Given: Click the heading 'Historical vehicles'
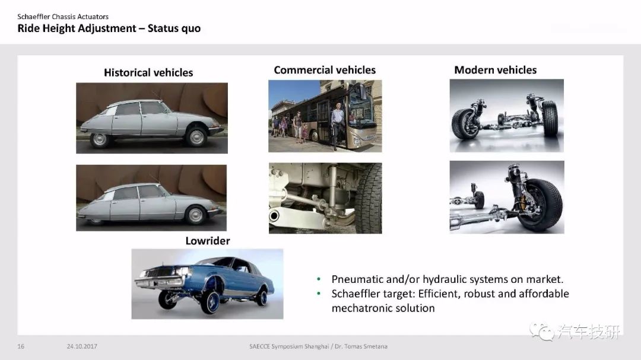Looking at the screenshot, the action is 148,72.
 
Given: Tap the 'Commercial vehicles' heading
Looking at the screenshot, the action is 325,70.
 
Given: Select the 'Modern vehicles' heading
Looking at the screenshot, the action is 496,70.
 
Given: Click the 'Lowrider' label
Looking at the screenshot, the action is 208,241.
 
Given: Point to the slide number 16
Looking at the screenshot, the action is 21,346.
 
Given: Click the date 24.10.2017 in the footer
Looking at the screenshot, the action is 82,346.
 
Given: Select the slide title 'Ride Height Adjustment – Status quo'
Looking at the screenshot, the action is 109,28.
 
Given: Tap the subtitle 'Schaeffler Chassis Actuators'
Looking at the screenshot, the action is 63,17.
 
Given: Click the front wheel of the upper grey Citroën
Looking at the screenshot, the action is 196,137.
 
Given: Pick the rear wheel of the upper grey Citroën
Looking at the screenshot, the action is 99,140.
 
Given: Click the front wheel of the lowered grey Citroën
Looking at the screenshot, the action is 195,215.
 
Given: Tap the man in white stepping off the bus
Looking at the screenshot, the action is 337,125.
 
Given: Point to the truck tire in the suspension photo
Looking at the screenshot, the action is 369,198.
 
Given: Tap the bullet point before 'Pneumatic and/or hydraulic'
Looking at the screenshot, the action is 319,279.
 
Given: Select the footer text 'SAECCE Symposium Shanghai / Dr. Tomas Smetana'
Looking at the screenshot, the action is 319,346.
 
